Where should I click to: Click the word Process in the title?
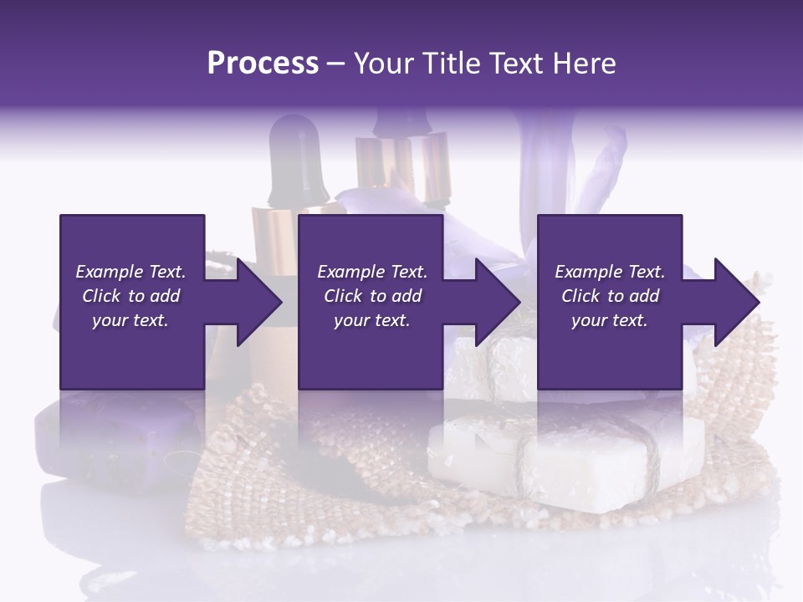263,64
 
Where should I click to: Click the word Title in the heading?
452,64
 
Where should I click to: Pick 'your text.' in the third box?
609,320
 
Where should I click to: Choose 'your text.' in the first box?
130,320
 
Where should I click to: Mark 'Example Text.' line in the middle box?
372,272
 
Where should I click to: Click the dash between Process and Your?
335,64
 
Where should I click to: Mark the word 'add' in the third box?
644,296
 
